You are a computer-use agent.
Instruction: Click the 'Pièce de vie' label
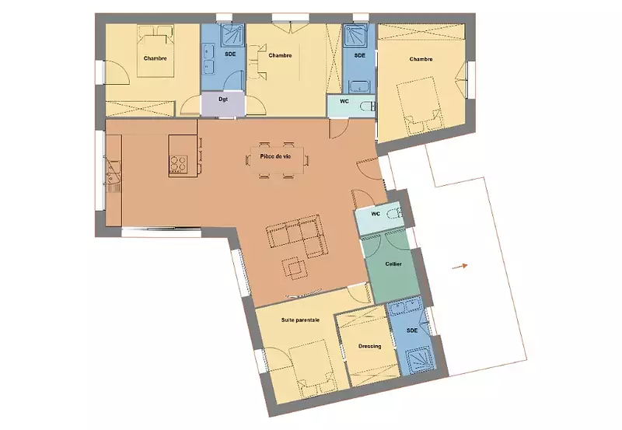(x=275, y=156)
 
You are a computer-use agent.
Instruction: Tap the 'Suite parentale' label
(x=300, y=320)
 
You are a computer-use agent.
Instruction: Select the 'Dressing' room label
(x=370, y=346)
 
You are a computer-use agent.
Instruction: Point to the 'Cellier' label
(x=393, y=264)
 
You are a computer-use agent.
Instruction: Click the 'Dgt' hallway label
(x=223, y=100)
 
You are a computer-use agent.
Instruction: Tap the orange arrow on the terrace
(x=460, y=267)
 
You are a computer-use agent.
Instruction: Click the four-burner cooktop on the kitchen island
(x=178, y=163)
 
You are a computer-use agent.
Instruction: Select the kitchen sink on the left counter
(x=114, y=173)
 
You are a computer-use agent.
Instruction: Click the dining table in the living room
(x=278, y=160)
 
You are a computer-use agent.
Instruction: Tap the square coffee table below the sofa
(x=295, y=267)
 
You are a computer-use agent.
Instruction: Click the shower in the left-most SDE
(x=232, y=35)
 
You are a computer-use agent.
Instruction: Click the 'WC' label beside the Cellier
(x=376, y=214)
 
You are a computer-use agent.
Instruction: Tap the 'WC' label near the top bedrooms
(x=344, y=102)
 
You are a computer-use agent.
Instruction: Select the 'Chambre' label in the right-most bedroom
(x=421, y=59)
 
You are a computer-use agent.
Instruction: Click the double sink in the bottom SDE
(x=404, y=306)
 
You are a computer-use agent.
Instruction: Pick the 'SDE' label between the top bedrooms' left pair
(x=230, y=54)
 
